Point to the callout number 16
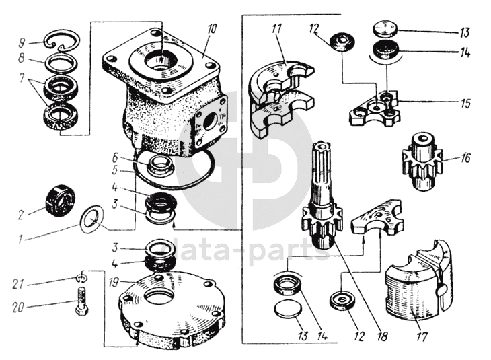click(x=465, y=159)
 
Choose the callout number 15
click(x=465, y=104)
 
